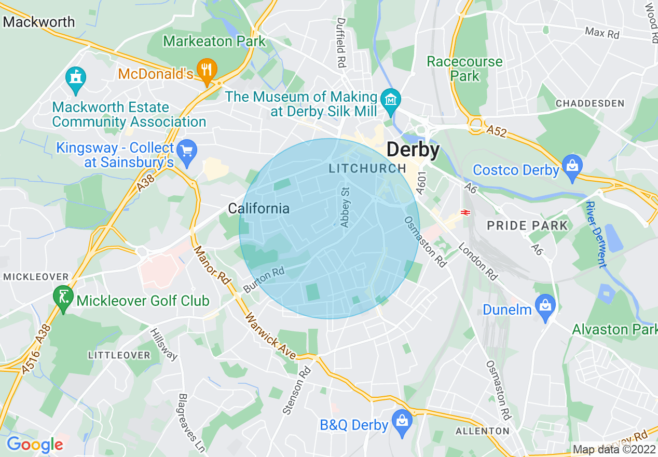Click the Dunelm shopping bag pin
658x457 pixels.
(x=545, y=306)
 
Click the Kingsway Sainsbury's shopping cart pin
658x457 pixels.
(x=186, y=152)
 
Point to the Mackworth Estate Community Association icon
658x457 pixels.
(x=76, y=79)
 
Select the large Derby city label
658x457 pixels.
(x=413, y=150)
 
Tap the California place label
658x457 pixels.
(x=258, y=209)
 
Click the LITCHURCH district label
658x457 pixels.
(x=367, y=168)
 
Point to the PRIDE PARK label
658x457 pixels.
(x=527, y=225)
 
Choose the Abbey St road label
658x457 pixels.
(x=345, y=207)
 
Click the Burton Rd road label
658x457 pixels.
(x=264, y=279)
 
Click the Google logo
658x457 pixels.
(x=35, y=445)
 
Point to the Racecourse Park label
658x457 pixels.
(x=464, y=69)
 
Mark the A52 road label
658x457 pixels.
(x=498, y=131)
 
